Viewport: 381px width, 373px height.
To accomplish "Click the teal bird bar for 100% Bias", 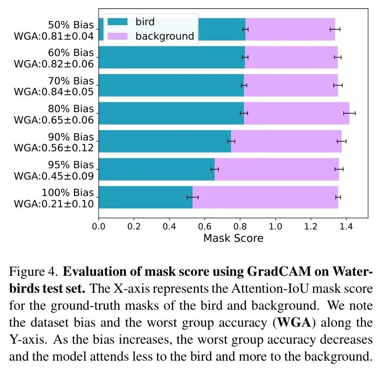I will tap(145, 197).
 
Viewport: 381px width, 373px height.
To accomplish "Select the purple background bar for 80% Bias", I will tap(296, 113).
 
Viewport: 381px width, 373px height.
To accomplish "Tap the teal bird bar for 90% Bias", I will tap(164, 141).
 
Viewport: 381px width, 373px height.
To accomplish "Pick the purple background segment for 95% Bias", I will tap(276, 169).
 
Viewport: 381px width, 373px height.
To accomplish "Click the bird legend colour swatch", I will tap(117, 22).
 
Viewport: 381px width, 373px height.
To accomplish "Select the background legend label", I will tap(164, 36).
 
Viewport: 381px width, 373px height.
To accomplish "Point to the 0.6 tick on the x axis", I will tap(205, 225).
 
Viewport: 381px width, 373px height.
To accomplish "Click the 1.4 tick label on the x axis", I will tap(346, 225).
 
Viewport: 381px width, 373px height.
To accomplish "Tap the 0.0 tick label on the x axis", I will tap(99, 225).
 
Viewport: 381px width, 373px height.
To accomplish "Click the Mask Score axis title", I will tap(233, 238).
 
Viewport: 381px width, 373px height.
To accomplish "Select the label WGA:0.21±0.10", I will tap(54, 204).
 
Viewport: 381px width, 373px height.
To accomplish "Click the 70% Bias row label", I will tap(70, 81).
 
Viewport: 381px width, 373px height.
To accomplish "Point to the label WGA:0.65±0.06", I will tap(54, 120).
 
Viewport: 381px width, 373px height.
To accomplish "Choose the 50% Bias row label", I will tap(70, 25).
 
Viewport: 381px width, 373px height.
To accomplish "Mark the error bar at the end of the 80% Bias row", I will tap(349, 113).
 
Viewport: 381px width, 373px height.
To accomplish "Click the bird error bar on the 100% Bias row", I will tap(193, 197).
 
